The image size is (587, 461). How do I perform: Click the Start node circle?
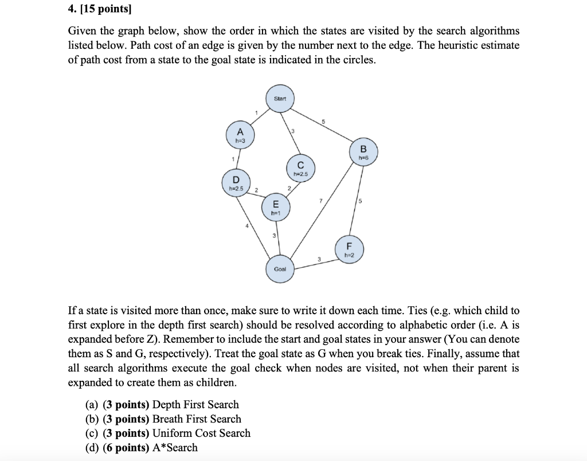coord(280,99)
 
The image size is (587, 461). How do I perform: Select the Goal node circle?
coord(280,268)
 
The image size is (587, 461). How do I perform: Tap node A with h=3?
coord(241,133)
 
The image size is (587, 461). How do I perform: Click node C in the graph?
coord(300,167)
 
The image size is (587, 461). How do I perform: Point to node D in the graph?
coord(236,182)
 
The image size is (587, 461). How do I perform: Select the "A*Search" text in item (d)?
coord(175,448)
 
